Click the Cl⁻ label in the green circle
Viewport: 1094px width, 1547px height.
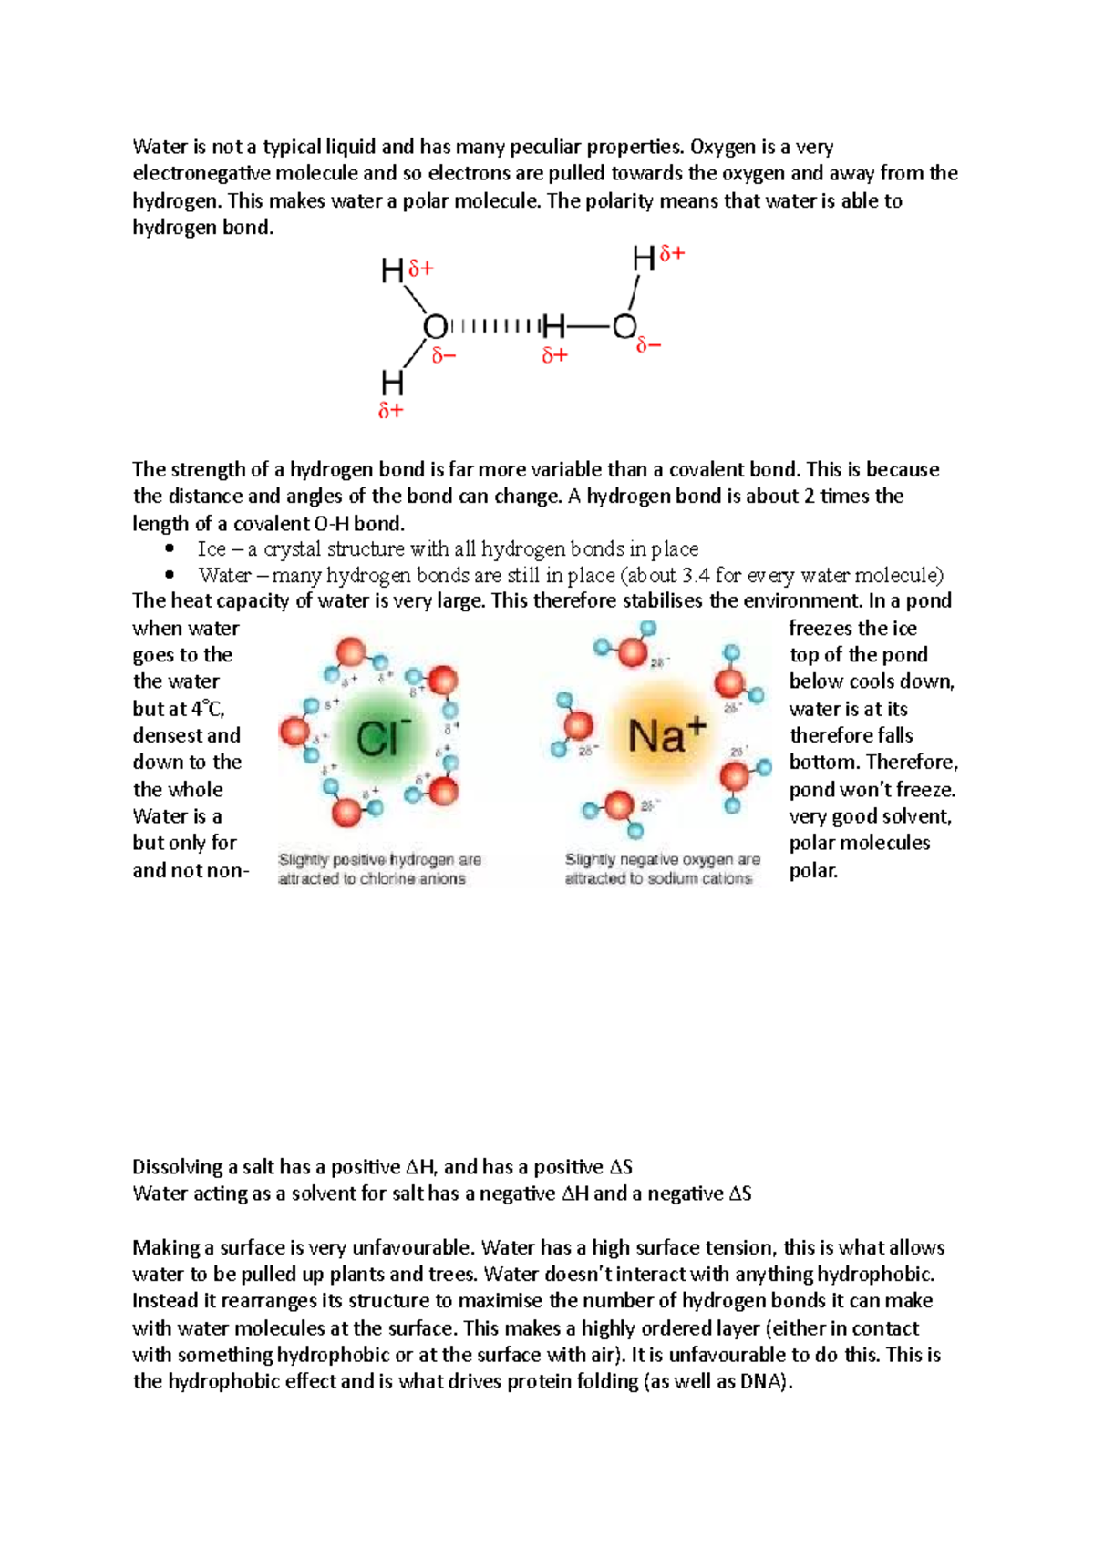pos(383,738)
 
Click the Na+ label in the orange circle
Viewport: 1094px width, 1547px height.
pos(667,734)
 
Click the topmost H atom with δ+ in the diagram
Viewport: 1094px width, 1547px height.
pos(645,260)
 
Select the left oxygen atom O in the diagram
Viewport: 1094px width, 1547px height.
pos(435,327)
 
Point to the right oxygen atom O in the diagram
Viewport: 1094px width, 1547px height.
pos(624,326)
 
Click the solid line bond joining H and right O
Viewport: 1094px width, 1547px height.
pos(589,326)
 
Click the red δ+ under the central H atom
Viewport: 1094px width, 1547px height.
pos(554,356)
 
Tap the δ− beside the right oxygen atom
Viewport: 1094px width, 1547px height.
pos(648,346)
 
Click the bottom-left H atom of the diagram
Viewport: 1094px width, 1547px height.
pos(392,383)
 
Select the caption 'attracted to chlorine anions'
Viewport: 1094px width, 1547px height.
pos(372,879)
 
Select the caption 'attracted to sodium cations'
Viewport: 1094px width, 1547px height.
pos(658,879)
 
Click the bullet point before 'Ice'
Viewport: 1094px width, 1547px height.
pos(170,549)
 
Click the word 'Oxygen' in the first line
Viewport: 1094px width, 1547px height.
pos(722,147)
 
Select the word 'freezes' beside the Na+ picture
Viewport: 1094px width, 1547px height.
pos(820,629)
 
